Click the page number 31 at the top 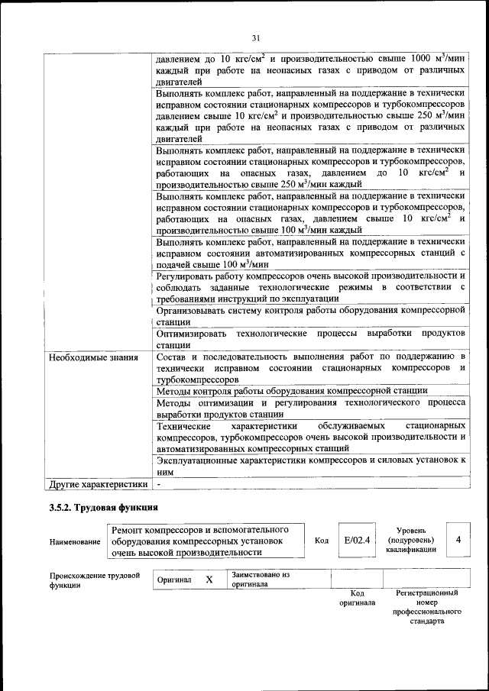[x=256, y=37]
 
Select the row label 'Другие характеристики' [x=97, y=484]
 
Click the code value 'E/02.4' [x=357, y=540]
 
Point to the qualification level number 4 [x=458, y=540]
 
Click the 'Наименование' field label [x=75, y=541]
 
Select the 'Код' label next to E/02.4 [x=322, y=541]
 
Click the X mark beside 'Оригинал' [x=209, y=580]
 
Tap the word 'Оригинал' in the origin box [x=173, y=580]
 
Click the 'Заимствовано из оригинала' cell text [x=261, y=580]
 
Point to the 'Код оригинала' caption [x=357, y=598]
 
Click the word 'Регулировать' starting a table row [x=186, y=275]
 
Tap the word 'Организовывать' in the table [x=193, y=311]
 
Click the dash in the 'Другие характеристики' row [x=158, y=484]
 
